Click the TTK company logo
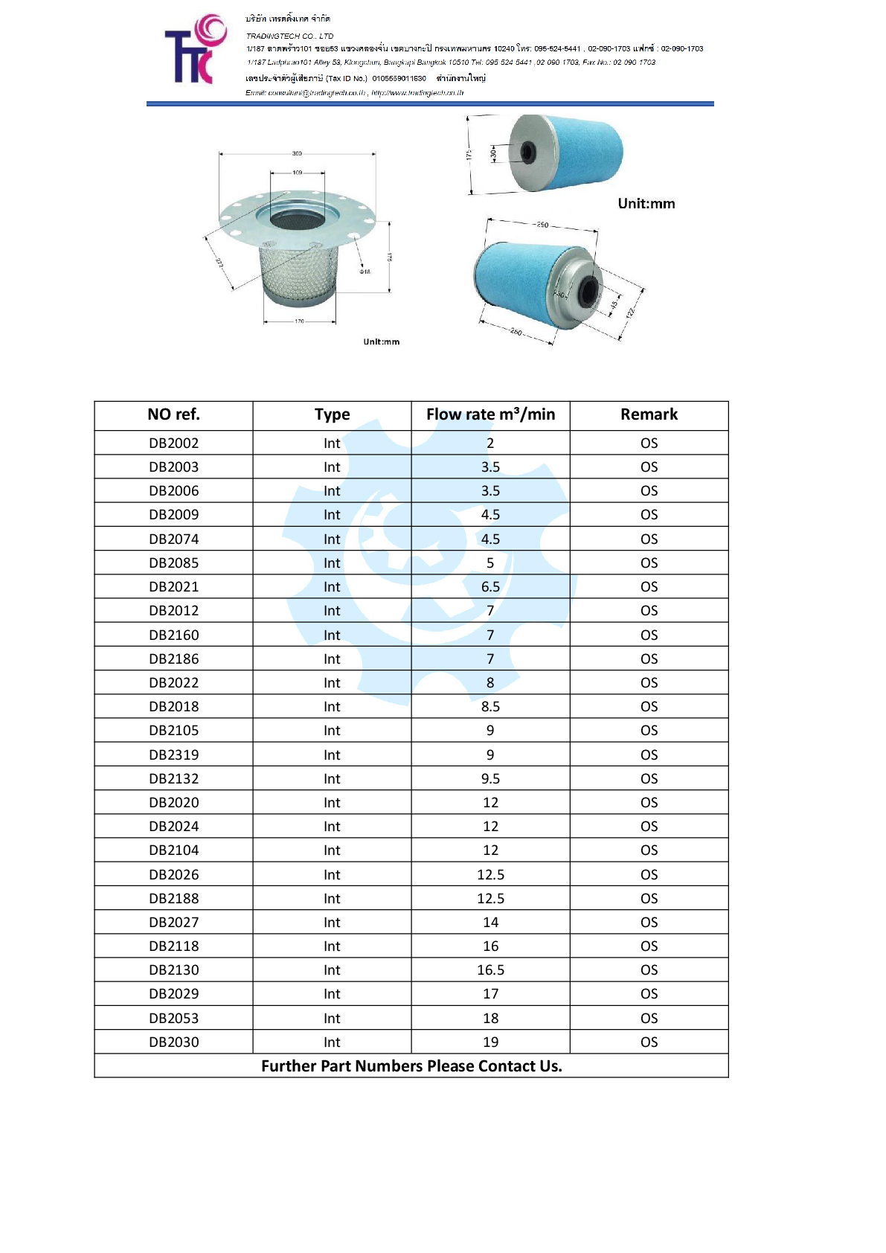195,50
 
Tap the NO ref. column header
173,414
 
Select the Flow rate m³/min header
490,414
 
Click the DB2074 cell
173,539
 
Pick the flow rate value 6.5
490,587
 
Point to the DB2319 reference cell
173,754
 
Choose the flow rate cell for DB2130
490,970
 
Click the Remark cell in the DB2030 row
649,1042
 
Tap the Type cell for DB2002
332,443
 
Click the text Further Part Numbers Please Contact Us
411,1066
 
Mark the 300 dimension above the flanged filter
297,153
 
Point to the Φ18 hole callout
365,272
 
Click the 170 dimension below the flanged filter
299,321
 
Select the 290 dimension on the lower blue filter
542,225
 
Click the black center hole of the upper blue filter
527,153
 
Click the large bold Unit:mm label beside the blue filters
646,204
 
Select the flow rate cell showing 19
490,1042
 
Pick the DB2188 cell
173,899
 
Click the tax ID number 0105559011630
399,78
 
